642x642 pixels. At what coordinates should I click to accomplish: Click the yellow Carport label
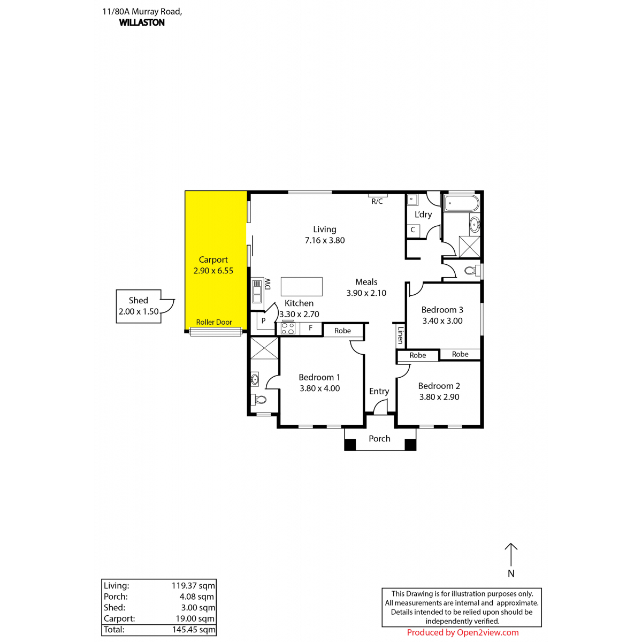point(213,259)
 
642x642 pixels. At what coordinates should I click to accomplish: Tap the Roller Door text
point(214,322)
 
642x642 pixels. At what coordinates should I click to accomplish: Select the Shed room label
point(138,300)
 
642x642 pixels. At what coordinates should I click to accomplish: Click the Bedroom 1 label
point(319,377)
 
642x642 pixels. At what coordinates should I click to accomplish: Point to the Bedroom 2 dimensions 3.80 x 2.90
point(439,397)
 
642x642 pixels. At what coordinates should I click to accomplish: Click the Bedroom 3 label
point(442,310)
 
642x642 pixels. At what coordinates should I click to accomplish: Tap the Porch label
point(379,439)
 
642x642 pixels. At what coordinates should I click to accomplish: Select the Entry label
point(379,392)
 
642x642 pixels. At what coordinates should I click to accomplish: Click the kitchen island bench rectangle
point(302,287)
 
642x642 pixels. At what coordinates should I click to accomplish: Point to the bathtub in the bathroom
point(462,203)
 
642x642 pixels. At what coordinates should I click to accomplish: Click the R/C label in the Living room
point(377,201)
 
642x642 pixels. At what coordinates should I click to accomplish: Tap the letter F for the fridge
point(310,328)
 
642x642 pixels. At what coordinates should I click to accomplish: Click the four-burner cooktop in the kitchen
point(288,328)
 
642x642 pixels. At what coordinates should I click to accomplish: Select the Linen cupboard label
point(401,335)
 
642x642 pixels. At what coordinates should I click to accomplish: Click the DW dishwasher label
point(267,284)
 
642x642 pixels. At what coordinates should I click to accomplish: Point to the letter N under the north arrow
point(511,574)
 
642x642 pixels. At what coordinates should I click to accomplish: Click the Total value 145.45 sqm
point(194,629)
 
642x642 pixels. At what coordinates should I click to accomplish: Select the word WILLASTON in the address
point(142,22)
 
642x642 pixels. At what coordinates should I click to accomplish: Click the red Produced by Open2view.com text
point(462,632)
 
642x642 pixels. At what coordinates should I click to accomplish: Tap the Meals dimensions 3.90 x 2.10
point(366,293)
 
